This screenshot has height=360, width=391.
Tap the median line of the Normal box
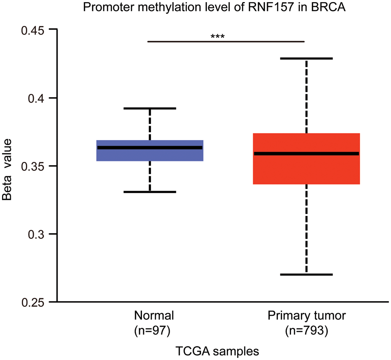tap(150, 147)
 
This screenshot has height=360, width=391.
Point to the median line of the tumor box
tap(307, 154)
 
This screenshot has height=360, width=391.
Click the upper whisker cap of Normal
tap(150, 108)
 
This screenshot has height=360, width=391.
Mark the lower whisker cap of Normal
tap(150, 192)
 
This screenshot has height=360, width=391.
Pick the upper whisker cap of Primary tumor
tap(307, 58)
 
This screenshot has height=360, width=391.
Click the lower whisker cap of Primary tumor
tap(307, 274)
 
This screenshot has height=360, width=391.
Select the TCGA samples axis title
tap(217, 351)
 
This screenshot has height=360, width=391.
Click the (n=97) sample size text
tap(154, 331)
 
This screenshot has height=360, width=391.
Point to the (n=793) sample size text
tap(307, 331)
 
